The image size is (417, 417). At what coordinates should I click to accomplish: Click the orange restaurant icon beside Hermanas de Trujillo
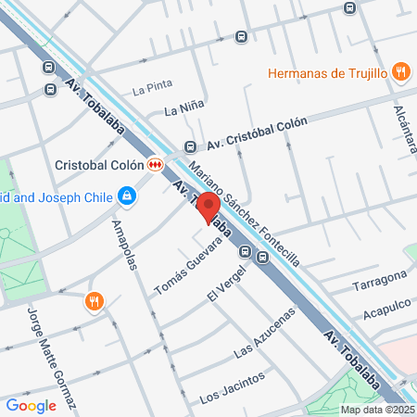click(x=400, y=72)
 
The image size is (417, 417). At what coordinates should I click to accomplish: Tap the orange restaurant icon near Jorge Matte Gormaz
click(x=94, y=301)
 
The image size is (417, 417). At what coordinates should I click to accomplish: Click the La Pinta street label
click(x=152, y=90)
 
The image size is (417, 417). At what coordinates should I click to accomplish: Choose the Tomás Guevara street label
click(x=188, y=267)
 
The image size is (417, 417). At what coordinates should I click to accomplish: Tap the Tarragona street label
click(x=379, y=281)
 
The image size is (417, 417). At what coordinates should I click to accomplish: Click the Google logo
click(x=32, y=405)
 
